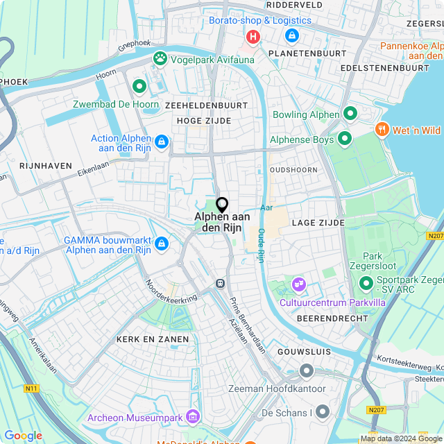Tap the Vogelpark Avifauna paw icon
coord(161,58)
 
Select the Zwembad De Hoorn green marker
coord(139,87)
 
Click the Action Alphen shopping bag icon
coord(162,142)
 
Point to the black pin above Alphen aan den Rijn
coord(222,205)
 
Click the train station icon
coord(220,283)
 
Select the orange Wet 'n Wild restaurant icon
coord(381,129)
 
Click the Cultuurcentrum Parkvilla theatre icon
coord(299,284)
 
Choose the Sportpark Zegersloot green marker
coord(366,282)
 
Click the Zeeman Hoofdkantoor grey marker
coord(306,371)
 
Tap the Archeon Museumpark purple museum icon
coord(193,416)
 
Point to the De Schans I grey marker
coord(323,412)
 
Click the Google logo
coord(23,435)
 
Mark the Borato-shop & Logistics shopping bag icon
coord(291,35)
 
